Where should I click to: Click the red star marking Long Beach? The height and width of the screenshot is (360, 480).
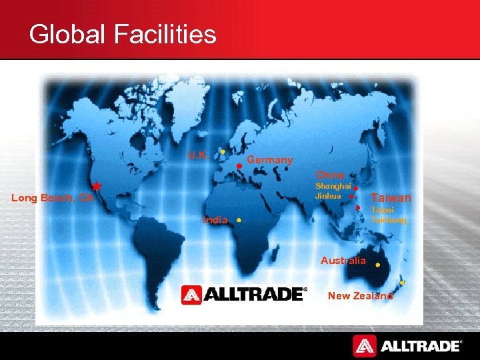point(96,186)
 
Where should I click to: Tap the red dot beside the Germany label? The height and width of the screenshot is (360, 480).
point(239,166)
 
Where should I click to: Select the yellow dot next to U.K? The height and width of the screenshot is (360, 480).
point(222,151)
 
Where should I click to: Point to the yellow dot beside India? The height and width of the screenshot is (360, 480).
point(238,219)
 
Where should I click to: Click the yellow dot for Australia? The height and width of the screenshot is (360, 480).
point(377,265)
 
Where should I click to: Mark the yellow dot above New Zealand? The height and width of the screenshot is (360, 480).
point(401,283)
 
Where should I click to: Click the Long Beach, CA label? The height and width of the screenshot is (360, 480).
point(52,197)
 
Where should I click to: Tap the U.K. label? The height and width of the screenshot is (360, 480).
point(198,155)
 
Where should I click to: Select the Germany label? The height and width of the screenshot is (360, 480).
point(270,160)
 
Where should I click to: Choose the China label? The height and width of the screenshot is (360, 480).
point(330,175)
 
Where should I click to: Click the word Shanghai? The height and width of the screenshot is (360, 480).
point(333,186)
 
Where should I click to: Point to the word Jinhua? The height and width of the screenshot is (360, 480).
point(328,196)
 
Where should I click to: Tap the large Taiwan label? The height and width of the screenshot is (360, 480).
point(391,198)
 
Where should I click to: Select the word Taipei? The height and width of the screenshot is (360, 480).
point(382,210)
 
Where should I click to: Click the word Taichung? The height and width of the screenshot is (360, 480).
point(388,219)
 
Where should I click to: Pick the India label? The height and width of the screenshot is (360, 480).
point(215,220)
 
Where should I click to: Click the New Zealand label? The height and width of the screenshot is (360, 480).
point(360,296)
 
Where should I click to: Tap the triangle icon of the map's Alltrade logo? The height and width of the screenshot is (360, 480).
point(191,295)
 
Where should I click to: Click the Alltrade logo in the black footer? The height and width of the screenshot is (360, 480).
point(407,345)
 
